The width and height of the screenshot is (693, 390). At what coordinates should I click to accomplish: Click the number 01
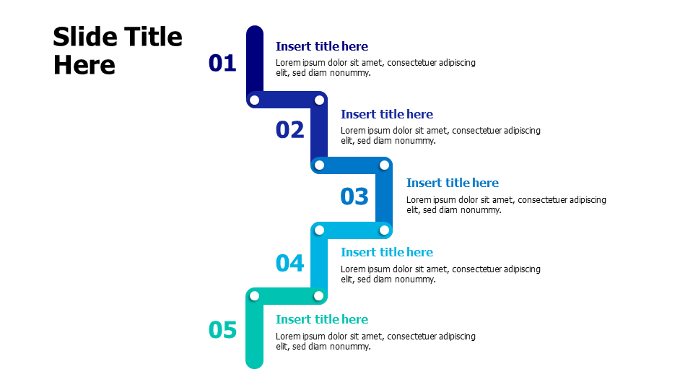[222, 64]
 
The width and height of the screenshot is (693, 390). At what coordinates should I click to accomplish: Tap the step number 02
[289, 130]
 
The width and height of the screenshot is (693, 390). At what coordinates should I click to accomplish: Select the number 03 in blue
[354, 196]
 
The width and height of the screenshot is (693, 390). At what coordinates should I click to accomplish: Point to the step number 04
[289, 264]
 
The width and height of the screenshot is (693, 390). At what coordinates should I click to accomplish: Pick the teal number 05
[222, 330]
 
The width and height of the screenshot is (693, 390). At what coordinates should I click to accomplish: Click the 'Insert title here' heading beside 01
[321, 46]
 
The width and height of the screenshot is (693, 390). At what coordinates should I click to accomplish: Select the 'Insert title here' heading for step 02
[386, 114]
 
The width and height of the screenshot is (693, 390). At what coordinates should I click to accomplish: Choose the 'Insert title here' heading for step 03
[452, 183]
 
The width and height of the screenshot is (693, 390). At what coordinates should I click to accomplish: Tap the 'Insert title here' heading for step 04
[386, 252]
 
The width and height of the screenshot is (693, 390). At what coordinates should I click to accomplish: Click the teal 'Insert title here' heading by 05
[321, 319]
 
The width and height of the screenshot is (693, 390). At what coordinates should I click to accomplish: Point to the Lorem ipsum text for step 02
[440, 136]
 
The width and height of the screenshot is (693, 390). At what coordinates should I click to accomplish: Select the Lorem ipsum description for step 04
[440, 274]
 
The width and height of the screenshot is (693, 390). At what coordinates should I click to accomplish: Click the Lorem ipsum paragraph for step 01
[375, 67]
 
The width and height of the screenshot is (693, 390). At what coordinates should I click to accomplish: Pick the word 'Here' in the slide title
[84, 65]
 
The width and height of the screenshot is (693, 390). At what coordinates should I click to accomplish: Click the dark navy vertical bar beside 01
[255, 61]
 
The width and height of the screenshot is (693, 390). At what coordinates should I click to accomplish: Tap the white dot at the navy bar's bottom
[254, 100]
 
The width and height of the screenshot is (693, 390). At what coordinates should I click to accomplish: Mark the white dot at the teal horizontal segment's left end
[254, 295]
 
